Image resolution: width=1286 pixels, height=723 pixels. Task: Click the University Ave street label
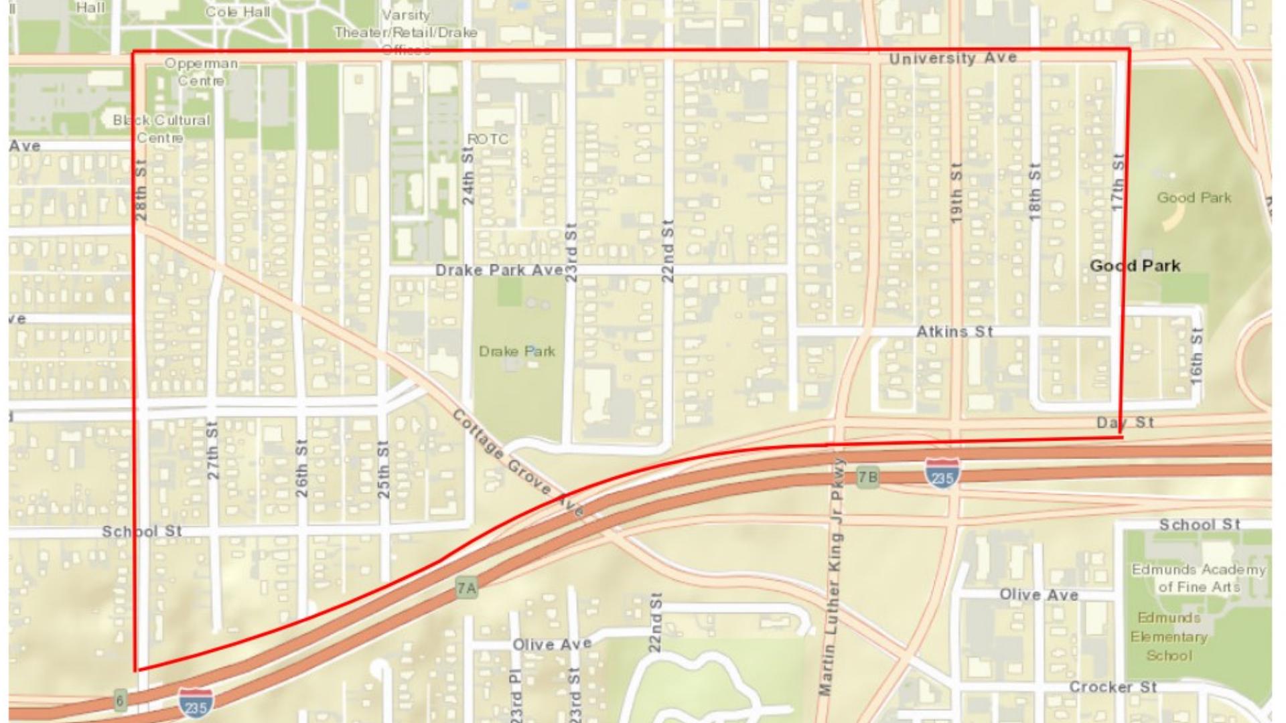[x=952, y=58]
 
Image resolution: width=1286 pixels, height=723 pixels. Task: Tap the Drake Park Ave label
[x=499, y=270]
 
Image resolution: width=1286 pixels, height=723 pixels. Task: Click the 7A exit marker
[x=467, y=588]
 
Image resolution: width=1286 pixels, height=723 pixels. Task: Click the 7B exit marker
[x=867, y=477]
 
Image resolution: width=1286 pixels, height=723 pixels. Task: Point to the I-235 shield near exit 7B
[x=942, y=473]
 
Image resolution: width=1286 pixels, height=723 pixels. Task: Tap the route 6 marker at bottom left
[x=120, y=700]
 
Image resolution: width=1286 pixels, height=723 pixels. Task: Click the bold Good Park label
[x=1135, y=266]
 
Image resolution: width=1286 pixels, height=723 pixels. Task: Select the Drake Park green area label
[x=516, y=351]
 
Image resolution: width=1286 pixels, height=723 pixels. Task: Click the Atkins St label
[x=954, y=332]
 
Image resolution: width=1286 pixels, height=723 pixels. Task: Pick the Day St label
[x=1125, y=422]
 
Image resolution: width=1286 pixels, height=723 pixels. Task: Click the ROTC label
[x=488, y=139]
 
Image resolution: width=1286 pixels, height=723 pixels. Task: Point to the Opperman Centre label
[x=201, y=72]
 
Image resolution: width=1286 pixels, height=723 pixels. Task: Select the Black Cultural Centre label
[x=161, y=129]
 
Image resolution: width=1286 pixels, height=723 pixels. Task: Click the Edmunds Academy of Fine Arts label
[x=1198, y=578]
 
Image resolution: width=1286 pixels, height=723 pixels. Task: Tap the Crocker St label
[x=1113, y=688]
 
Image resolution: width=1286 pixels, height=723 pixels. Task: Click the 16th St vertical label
[x=1196, y=356]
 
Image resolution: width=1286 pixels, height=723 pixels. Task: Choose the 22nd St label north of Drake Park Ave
[x=667, y=251]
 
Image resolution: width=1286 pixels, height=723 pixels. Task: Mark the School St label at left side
[x=141, y=532]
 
